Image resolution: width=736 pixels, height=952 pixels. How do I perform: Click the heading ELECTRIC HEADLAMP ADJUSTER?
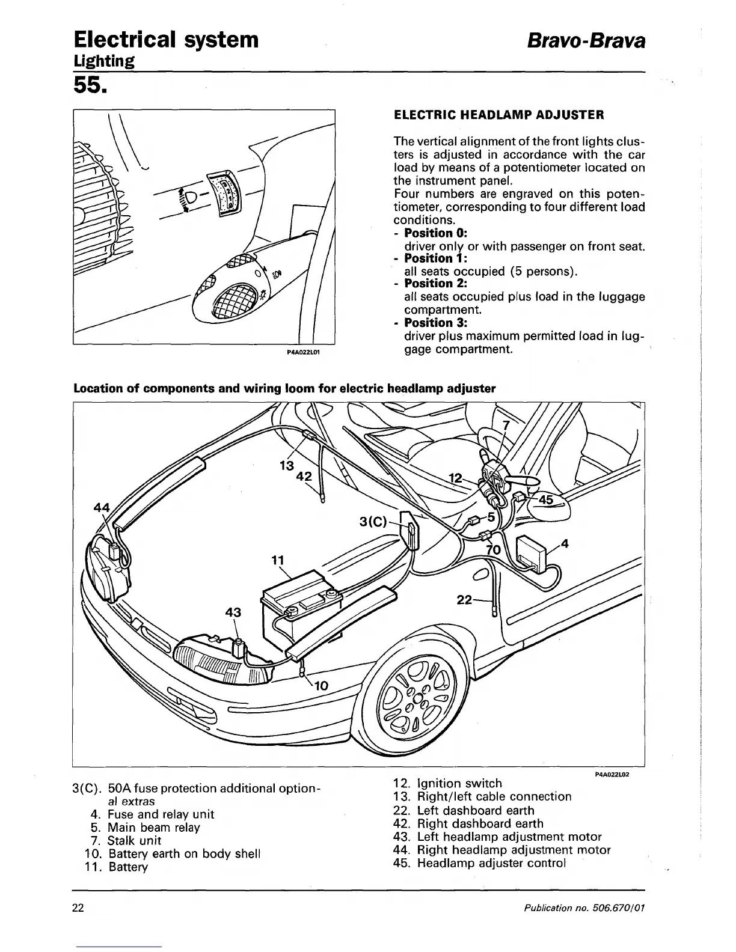coord(498,115)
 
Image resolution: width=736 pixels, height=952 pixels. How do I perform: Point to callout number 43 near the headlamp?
coord(233,612)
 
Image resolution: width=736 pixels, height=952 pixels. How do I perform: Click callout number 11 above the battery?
coord(277,561)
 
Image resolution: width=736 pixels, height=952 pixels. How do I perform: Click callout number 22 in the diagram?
coord(465,599)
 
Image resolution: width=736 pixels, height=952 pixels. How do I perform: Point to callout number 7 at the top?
coord(506,426)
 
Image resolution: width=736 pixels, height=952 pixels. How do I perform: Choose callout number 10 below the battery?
coord(321,685)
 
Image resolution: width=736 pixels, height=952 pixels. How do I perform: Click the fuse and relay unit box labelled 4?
coord(532,552)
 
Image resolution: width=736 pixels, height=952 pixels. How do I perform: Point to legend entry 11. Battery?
coord(119,867)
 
